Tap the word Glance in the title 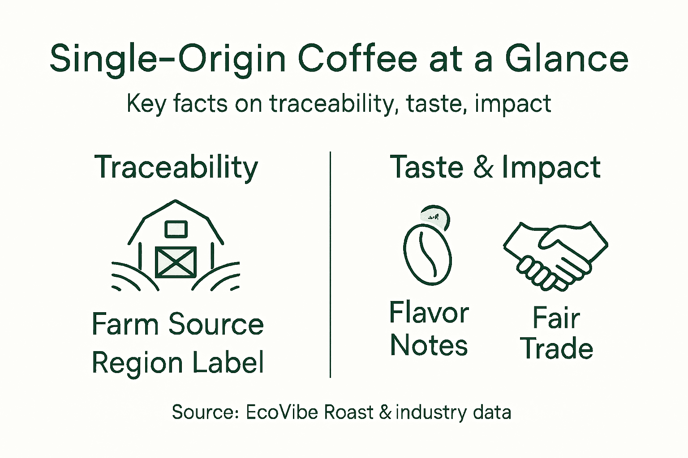[x=567, y=59]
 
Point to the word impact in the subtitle [x=512, y=104]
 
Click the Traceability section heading [x=176, y=168]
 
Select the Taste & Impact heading [x=495, y=167]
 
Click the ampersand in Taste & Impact [x=483, y=167]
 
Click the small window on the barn [x=176, y=229]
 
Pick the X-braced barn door [x=176, y=262]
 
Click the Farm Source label [x=177, y=324]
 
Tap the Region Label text [x=177, y=362]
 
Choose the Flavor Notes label [x=429, y=329]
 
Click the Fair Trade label [x=556, y=333]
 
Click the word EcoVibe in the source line [x=282, y=412]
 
